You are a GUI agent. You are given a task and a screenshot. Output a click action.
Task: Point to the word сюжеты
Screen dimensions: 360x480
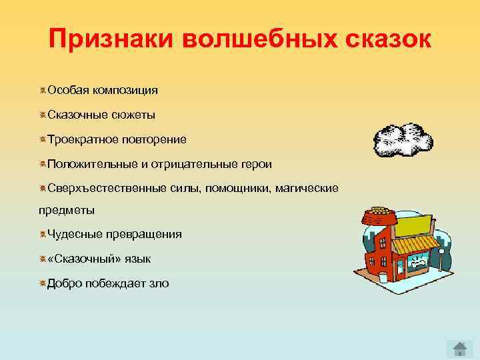tap(133, 115)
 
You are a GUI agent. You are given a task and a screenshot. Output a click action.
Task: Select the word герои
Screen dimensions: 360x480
tap(256, 164)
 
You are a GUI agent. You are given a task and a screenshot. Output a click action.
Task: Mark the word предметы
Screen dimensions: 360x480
tap(66, 210)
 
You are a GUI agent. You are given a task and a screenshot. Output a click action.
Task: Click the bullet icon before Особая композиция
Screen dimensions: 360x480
tap(42, 90)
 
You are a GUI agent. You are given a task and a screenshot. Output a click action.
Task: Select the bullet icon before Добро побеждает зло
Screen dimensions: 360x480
tap(42, 283)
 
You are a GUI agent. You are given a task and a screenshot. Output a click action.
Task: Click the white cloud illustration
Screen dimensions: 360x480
tap(402, 139)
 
